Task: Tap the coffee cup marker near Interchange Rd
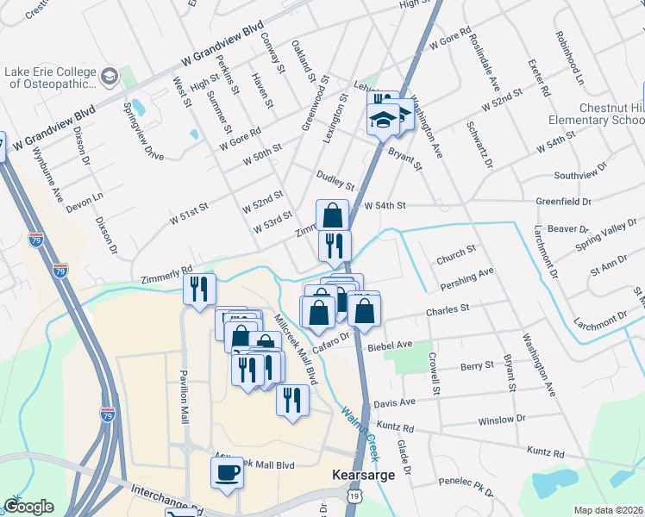click(x=228, y=473)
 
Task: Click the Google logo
click(x=28, y=507)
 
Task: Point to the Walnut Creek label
click(x=360, y=430)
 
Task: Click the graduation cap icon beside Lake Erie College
click(x=110, y=78)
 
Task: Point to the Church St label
click(x=456, y=253)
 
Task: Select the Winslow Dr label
click(x=501, y=420)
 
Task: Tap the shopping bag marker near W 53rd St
click(x=332, y=215)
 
